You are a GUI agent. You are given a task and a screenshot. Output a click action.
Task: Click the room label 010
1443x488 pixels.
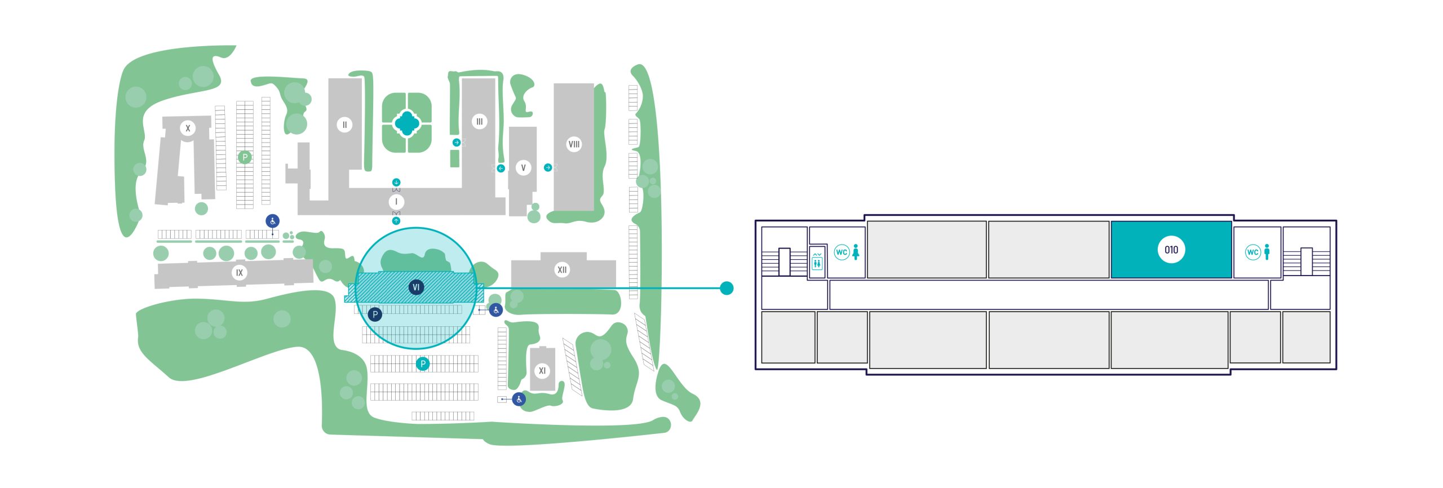tap(1171, 250)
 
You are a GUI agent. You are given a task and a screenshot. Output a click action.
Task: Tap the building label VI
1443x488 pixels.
tap(416, 287)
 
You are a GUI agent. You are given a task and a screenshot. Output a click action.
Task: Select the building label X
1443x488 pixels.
tap(188, 128)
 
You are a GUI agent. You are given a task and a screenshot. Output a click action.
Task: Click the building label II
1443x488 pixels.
tap(344, 125)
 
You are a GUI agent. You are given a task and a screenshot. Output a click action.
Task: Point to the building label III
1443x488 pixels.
tap(479, 121)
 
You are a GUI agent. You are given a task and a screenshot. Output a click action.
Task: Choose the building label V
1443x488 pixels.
tap(523, 167)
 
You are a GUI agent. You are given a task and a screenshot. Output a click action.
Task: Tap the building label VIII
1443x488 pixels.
tap(574, 144)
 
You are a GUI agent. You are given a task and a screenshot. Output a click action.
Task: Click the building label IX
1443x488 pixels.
tap(239, 273)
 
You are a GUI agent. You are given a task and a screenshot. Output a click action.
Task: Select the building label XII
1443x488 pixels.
tap(562, 269)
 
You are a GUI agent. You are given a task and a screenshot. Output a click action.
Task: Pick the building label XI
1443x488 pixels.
tap(542, 370)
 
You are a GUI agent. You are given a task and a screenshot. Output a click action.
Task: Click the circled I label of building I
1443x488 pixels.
tap(396, 202)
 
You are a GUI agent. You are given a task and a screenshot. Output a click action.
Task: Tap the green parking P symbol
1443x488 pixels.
tap(245, 157)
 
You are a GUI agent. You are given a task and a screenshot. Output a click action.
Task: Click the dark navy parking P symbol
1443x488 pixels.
tap(375, 314)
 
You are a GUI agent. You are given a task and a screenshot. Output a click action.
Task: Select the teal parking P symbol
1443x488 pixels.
tap(423, 364)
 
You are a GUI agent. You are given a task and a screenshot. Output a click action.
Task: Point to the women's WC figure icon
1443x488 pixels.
tap(856, 252)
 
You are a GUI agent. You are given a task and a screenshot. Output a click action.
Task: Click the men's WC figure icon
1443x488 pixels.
tap(1267, 252)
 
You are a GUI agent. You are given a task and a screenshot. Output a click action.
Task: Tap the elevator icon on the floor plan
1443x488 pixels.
tap(817, 261)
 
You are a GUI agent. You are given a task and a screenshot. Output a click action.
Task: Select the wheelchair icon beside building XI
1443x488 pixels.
tap(519, 399)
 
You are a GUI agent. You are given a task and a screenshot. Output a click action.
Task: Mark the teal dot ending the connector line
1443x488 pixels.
tap(727, 288)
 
